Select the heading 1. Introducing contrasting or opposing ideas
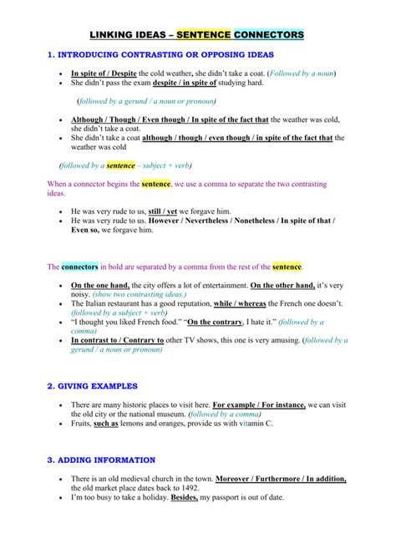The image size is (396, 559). pos(160,55)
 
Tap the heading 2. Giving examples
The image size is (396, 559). pos(92,386)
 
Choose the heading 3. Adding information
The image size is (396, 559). pos(101,460)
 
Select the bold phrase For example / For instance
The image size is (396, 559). pos(265,404)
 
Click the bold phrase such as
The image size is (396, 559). pos(105,424)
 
